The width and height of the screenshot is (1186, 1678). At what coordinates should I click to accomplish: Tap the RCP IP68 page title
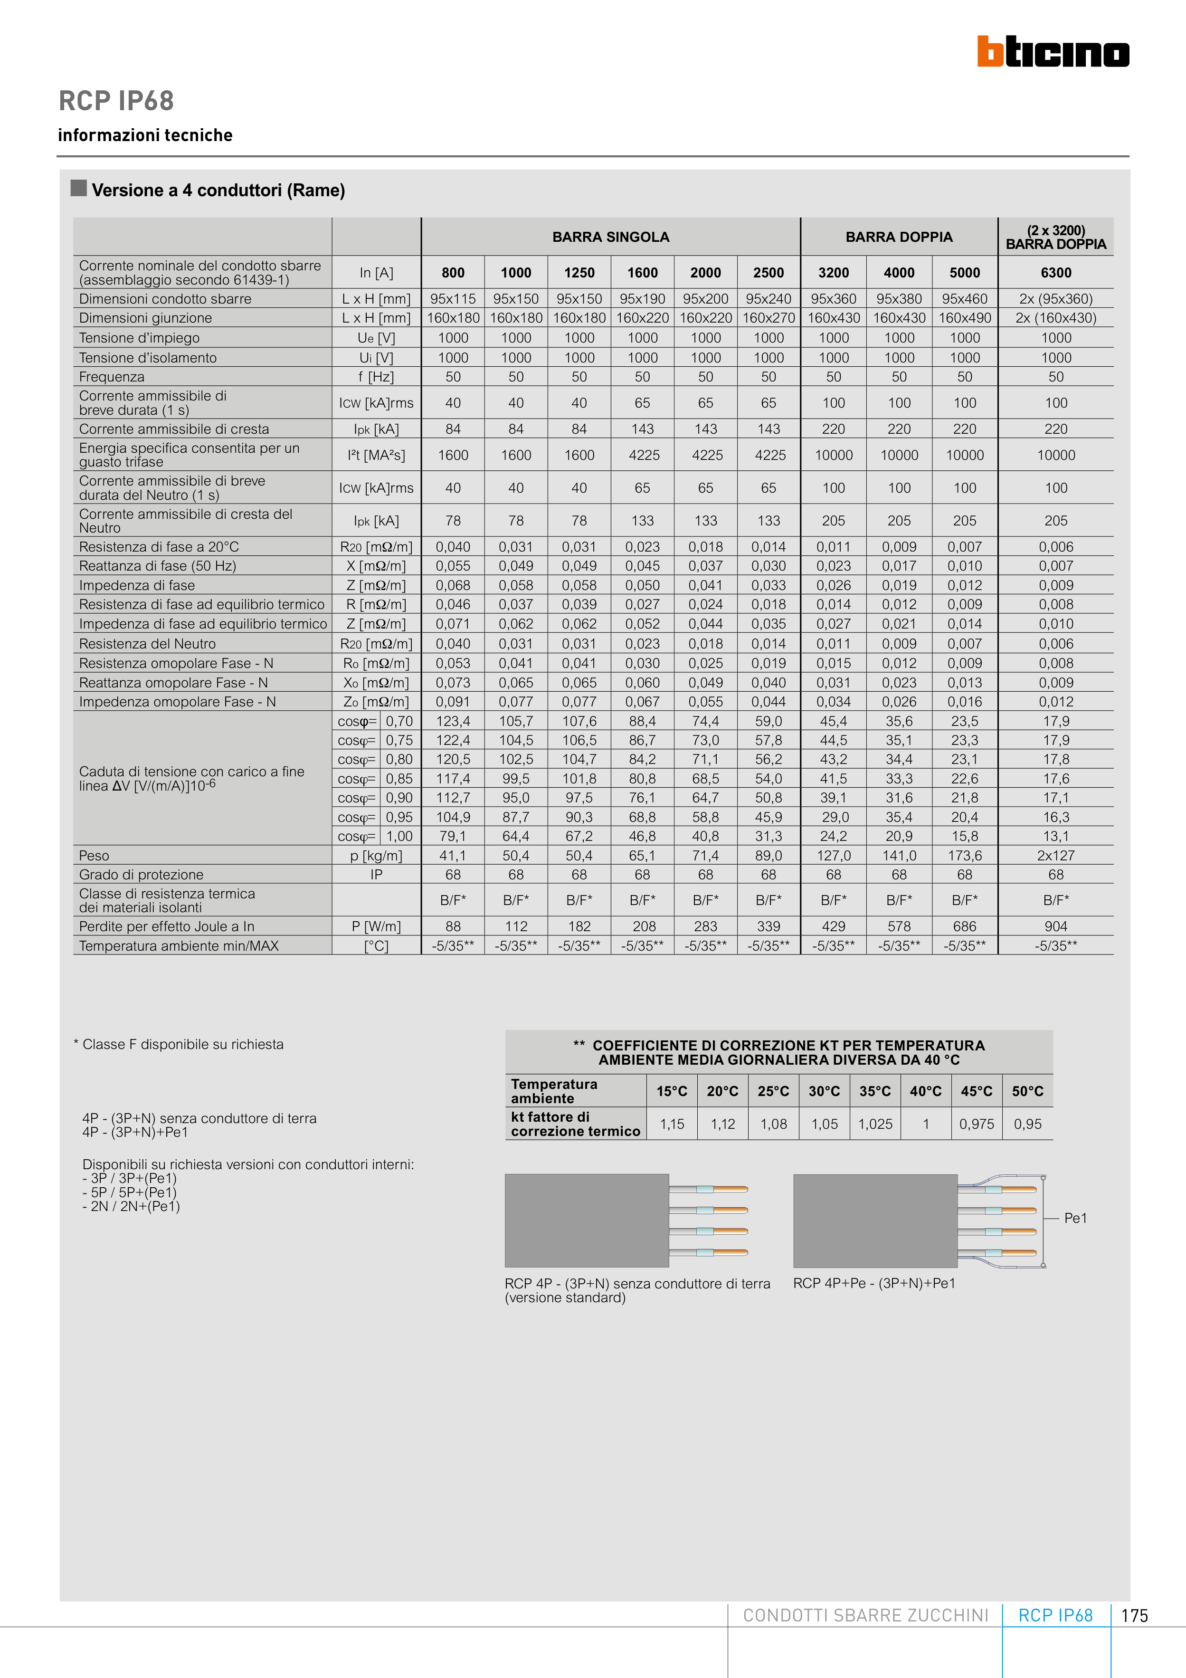coord(116,101)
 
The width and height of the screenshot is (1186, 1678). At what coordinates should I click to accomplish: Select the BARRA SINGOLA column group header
coord(610,237)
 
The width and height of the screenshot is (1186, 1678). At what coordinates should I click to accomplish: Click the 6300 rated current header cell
coord(1055,273)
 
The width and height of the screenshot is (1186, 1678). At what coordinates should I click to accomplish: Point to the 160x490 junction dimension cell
coord(965,318)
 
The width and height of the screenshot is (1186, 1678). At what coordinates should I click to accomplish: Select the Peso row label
coord(94,856)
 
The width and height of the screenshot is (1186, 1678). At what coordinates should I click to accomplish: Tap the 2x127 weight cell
coord(1055,856)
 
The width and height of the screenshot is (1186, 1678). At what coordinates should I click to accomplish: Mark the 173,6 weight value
coord(965,856)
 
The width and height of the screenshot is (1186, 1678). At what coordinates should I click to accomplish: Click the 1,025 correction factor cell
coord(875,1124)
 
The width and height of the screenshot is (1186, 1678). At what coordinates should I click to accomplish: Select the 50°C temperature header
coord(1027,1091)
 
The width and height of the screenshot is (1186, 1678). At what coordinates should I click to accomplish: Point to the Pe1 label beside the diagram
coord(1075,1218)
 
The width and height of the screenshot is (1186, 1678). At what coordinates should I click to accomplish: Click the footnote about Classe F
coord(179,1044)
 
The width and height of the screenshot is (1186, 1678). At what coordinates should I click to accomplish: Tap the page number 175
coord(1134,1616)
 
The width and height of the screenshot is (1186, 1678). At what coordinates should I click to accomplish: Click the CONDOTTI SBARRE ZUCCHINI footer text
coord(865,1616)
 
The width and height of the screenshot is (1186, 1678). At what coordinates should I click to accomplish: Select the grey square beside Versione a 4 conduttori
coord(79,188)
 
